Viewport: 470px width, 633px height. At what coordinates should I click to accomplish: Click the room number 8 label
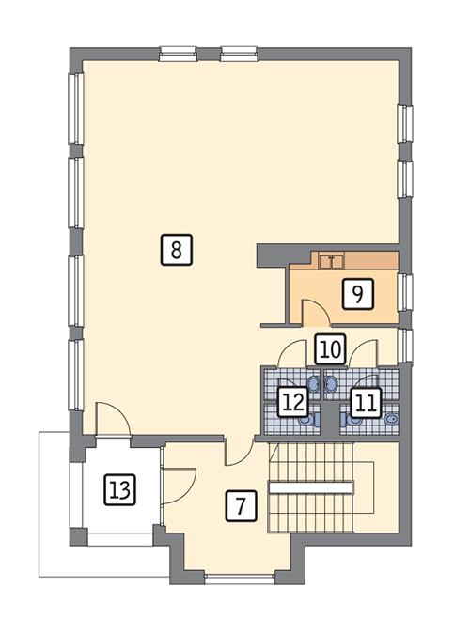pyautogui.click(x=176, y=250)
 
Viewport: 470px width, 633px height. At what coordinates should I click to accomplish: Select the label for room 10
pyautogui.click(x=328, y=349)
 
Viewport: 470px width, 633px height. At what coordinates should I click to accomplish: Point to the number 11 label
pyautogui.click(x=366, y=404)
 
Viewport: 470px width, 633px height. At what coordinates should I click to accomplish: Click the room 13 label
pyautogui.click(x=119, y=489)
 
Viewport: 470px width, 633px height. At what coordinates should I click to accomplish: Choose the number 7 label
pyautogui.click(x=241, y=506)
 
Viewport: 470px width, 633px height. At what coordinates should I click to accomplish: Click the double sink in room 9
pyautogui.click(x=331, y=261)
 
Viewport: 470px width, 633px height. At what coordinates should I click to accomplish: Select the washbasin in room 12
pyautogui.click(x=313, y=384)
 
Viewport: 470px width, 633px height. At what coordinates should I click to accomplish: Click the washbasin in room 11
pyautogui.click(x=330, y=384)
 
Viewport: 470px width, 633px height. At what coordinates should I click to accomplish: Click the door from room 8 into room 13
pyautogui.click(x=113, y=421)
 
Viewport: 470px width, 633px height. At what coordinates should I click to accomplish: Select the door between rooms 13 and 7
pyautogui.click(x=178, y=483)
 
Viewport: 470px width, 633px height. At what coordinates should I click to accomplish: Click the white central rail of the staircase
pyautogui.click(x=309, y=486)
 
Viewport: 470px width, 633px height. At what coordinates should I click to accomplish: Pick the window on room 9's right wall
pyautogui.click(x=405, y=291)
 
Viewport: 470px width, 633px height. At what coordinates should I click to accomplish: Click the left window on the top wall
pyautogui.click(x=176, y=54)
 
